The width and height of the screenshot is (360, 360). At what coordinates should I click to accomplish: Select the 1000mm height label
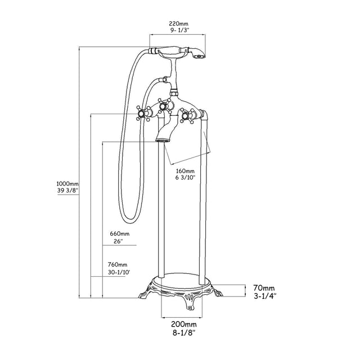(67, 183)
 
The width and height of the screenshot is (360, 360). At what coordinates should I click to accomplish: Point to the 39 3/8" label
(67, 191)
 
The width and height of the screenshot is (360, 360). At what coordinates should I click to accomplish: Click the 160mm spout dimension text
(185, 171)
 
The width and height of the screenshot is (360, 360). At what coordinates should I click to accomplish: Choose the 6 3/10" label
(185, 179)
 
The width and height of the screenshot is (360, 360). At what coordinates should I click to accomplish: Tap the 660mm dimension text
(119, 233)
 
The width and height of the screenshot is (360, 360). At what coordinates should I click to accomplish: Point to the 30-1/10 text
(119, 273)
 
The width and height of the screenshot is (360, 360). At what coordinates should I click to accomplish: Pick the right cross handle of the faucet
(187, 116)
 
